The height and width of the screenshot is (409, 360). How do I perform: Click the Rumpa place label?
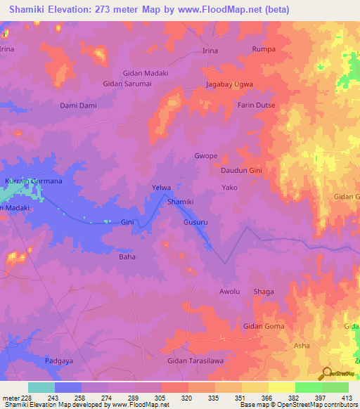pyautogui.click(x=264, y=50)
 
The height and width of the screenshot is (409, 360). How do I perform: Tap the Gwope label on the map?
pyautogui.click(x=205, y=155)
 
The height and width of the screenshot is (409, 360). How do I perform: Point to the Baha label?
pyautogui.click(x=127, y=257)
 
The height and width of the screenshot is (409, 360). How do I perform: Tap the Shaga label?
pyautogui.click(x=264, y=292)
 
